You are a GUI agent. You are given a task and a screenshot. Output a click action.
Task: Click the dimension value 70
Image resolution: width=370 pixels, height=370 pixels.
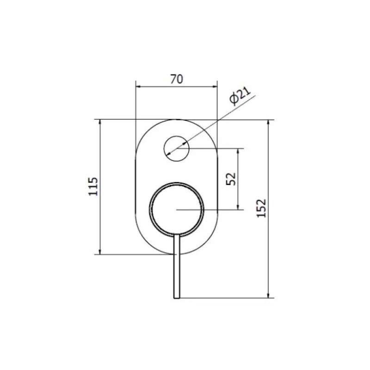pyautogui.click(x=177, y=79)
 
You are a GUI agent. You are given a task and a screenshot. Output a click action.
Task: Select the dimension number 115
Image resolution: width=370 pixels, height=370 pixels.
pyautogui.click(x=93, y=186)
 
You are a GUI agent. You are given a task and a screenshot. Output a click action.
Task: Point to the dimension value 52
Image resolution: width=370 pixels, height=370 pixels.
pyautogui.click(x=231, y=179)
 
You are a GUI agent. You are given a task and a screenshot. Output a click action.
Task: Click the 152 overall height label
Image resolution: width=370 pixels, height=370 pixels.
pyautogui.click(x=261, y=209)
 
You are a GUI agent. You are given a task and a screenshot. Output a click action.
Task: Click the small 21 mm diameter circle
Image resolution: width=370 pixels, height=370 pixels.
pyautogui.click(x=177, y=136)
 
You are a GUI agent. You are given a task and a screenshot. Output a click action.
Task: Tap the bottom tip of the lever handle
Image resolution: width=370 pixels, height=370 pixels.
pyautogui.click(x=177, y=298)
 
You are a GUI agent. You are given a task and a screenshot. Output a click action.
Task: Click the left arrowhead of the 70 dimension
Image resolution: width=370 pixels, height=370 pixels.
pyautogui.click(x=138, y=86)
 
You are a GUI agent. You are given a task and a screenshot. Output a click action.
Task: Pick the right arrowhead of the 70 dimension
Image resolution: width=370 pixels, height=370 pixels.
pyautogui.click(x=215, y=86)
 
